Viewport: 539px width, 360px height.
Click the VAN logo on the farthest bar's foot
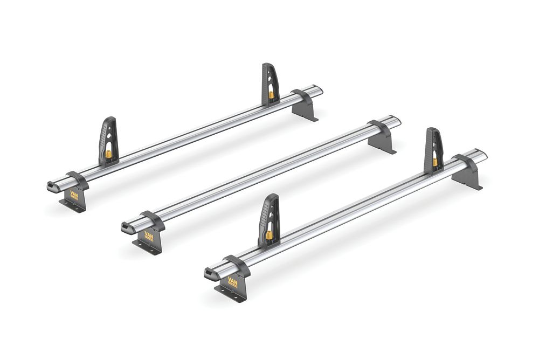point(74,195)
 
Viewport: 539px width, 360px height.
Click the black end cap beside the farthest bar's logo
point(54,186)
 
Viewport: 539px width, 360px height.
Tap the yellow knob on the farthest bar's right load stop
point(271,95)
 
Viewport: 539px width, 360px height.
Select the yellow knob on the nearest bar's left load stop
point(268,235)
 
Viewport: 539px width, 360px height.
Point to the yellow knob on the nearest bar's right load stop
point(434,162)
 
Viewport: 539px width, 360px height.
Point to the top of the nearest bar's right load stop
point(433,131)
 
